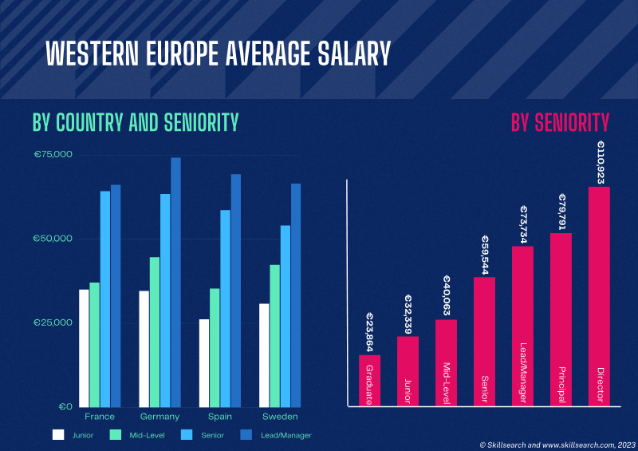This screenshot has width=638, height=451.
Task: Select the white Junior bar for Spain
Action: (x=204, y=362)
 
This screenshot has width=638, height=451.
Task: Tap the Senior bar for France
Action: (x=104, y=299)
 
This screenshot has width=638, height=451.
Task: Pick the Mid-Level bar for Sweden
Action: (x=274, y=335)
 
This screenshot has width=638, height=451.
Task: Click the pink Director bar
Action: (x=599, y=296)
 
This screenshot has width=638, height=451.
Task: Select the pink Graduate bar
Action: (x=369, y=380)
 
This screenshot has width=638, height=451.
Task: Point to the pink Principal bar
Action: (x=561, y=319)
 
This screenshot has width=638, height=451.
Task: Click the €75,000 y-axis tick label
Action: (x=53, y=154)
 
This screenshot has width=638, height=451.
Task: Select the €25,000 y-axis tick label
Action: (x=53, y=322)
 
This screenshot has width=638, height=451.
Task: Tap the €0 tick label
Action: (x=65, y=406)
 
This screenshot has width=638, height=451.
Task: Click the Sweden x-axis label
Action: (x=280, y=417)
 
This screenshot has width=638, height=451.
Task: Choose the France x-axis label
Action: (x=100, y=417)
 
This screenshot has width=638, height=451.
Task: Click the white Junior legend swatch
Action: (x=58, y=435)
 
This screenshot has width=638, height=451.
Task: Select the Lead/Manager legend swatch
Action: (x=246, y=435)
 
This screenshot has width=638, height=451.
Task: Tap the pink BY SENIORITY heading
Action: (x=560, y=122)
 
